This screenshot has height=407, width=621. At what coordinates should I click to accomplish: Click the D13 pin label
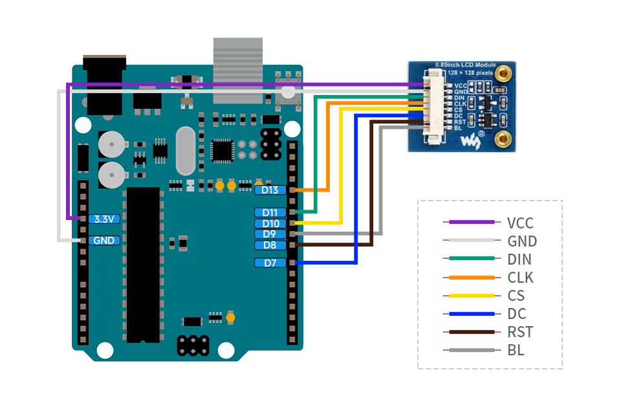tap(270, 190)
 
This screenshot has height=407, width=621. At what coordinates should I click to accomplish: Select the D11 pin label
tap(270, 212)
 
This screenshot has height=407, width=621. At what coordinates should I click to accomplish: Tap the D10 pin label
tap(270, 223)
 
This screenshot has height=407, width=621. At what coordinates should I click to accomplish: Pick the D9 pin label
tap(270, 234)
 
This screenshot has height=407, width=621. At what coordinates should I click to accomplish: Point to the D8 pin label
tap(270, 245)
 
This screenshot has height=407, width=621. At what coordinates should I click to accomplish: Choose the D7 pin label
tap(270, 263)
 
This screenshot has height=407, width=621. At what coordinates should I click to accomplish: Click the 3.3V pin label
tap(104, 219)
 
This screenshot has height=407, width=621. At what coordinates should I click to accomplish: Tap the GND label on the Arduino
tap(104, 240)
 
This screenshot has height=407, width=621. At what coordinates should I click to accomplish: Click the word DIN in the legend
tap(520, 259)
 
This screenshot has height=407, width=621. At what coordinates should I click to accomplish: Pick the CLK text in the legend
tap(521, 278)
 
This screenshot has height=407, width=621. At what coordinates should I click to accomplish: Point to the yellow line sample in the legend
tap(472, 296)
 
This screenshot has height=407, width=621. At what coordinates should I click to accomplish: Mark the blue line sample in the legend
tap(472, 314)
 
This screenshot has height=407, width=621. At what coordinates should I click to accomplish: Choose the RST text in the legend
tap(520, 332)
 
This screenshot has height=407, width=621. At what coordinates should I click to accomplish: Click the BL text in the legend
tap(516, 350)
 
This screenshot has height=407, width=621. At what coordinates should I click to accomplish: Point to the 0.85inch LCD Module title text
tap(465, 65)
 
